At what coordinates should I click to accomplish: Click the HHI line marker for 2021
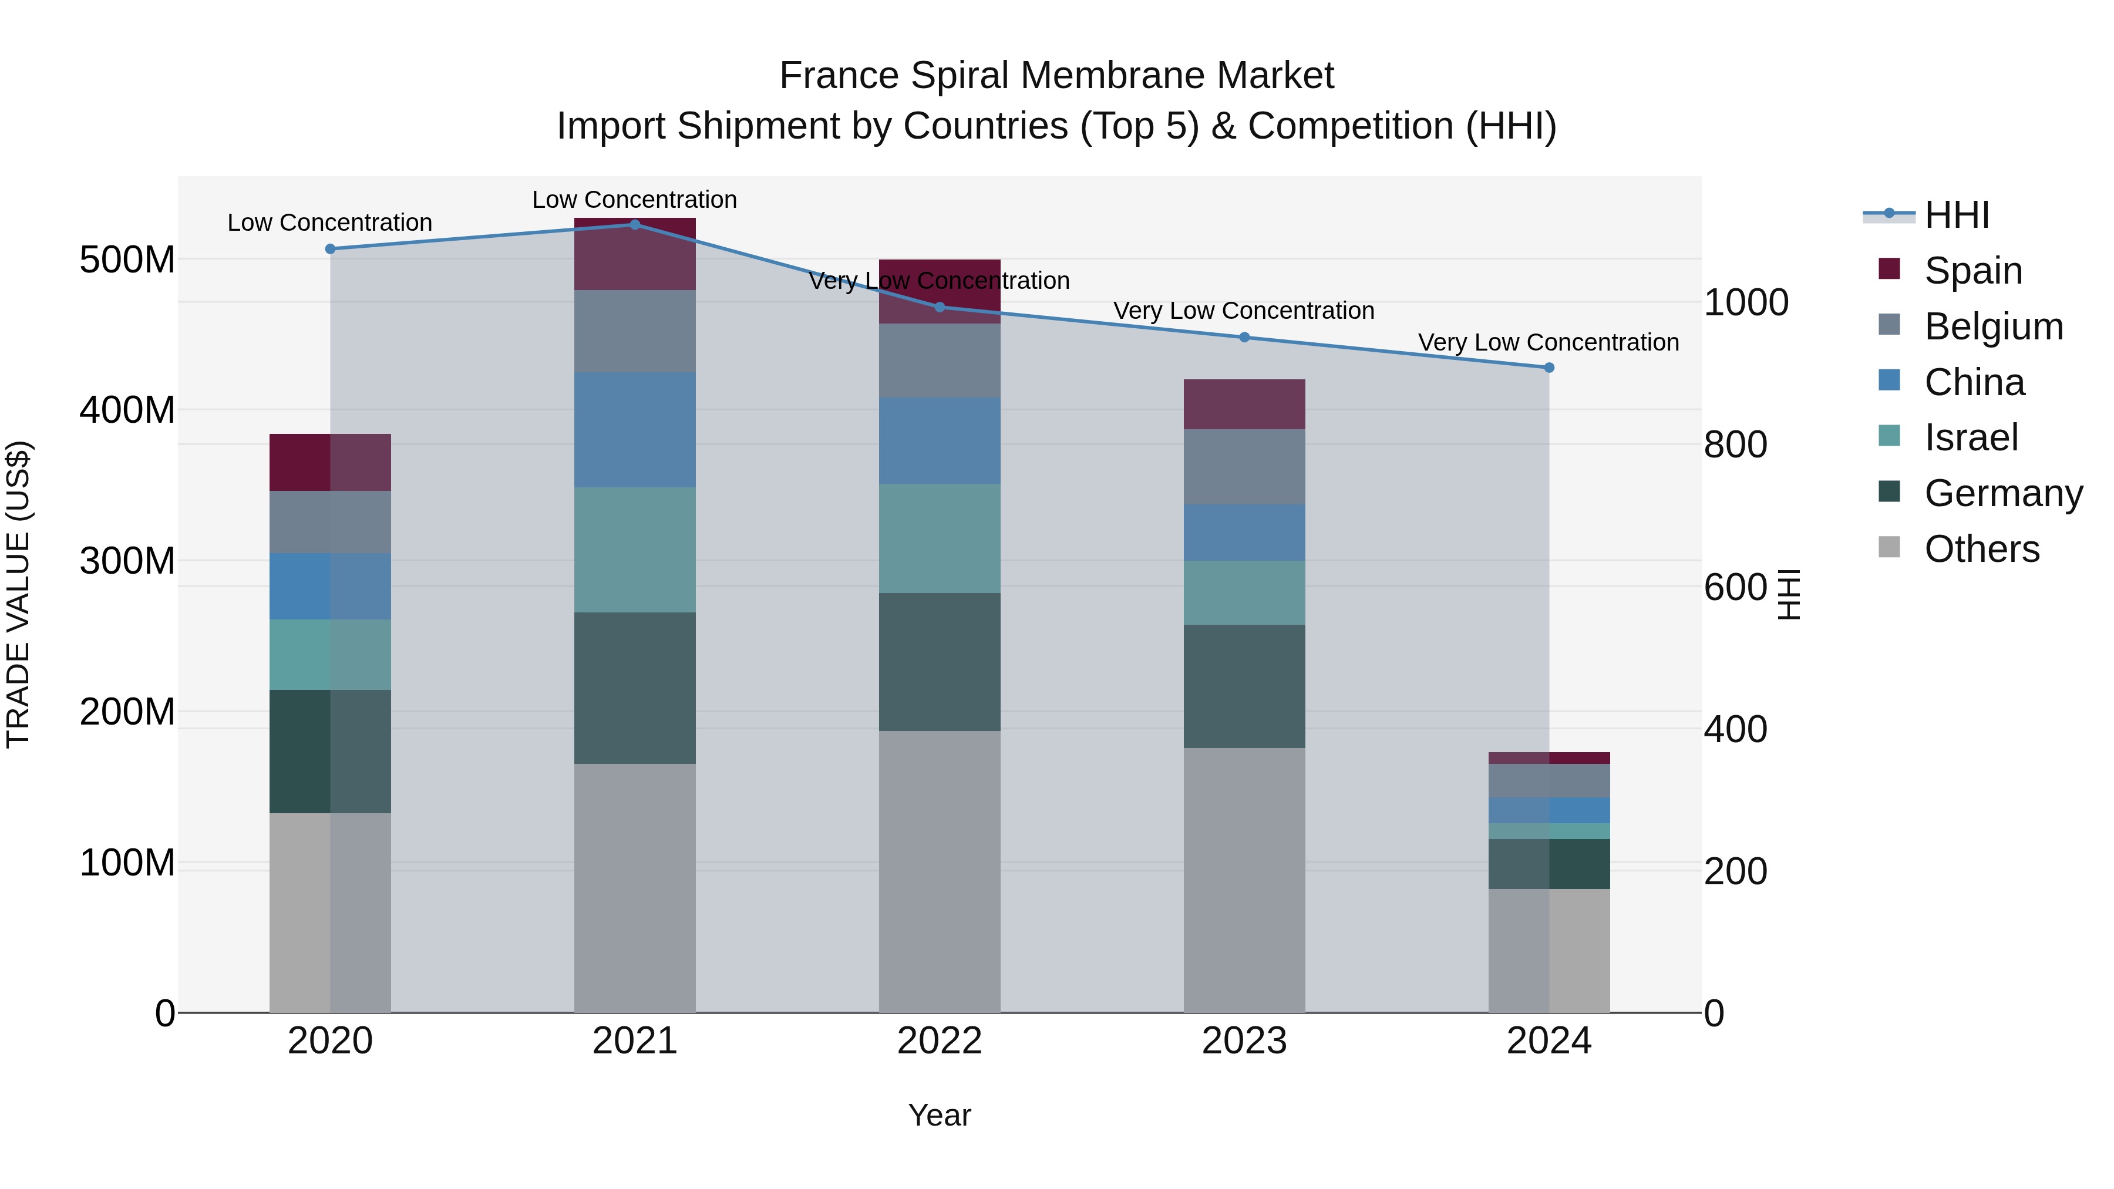point(634,225)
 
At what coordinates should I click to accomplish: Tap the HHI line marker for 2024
point(1549,368)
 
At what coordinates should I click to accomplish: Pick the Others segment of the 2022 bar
point(939,871)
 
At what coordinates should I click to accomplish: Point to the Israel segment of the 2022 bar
point(939,538)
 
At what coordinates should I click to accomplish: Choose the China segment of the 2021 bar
point(634,429)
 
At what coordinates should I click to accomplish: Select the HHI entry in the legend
point(1957,215)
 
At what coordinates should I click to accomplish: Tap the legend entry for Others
point(1981,549)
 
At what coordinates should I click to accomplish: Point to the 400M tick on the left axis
point(127,409)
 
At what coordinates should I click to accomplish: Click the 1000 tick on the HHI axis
point(1746,303)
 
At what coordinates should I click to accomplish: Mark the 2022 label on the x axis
point(939,1041)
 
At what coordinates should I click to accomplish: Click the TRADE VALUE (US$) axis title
point(19,594)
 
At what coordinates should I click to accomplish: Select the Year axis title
point(939,1115)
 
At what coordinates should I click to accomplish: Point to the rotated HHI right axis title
point(1789,594)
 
